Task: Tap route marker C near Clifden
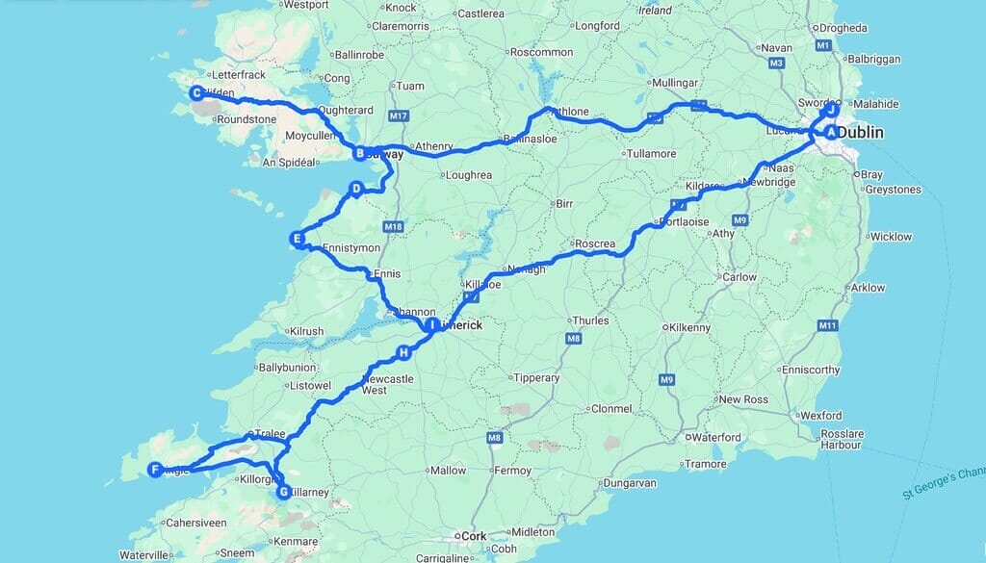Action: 196,93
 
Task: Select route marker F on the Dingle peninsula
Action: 154,470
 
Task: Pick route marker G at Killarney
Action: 283,492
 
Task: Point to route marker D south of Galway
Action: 355,190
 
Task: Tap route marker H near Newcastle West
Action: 404,354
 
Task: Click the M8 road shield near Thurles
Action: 574,338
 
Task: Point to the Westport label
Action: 306,5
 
